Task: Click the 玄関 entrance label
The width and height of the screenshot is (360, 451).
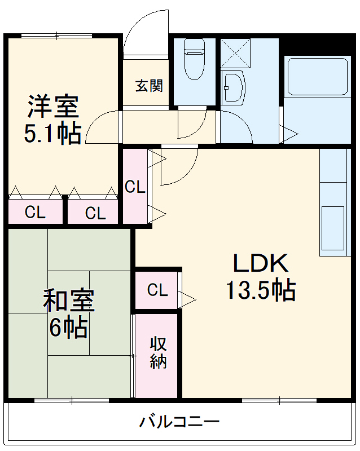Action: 149,86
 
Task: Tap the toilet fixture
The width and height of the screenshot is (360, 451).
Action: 194,59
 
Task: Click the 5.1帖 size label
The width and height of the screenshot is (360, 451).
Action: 52,133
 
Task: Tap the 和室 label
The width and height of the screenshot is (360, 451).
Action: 69,300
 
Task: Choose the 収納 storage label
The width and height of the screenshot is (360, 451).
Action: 158,352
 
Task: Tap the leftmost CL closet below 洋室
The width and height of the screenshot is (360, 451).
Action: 35,213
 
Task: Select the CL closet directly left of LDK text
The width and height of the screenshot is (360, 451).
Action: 157,290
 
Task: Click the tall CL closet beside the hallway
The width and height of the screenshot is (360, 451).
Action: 135,187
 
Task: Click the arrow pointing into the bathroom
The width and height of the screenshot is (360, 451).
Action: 289,134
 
